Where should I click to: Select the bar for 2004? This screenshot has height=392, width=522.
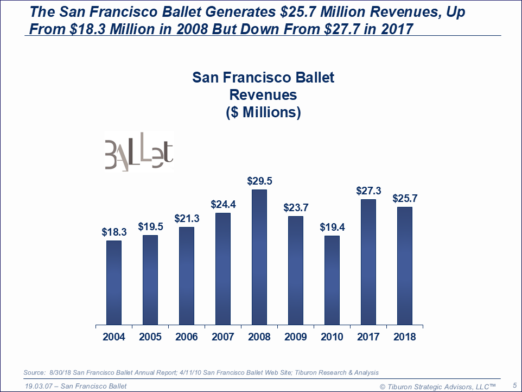click(114, 283)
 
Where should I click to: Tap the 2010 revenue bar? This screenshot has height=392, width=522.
click(332, 280)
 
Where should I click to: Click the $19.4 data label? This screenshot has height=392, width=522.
click(332, 227)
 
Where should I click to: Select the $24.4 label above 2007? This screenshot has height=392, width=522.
click(223, 205)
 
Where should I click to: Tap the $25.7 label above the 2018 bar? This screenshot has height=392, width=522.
click(405, 199)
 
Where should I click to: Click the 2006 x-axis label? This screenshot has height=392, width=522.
click(187, 337)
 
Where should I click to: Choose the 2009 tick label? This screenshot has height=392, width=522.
click(296, 337)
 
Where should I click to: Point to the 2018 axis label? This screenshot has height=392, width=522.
click(405, 337)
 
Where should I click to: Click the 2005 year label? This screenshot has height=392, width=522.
click(150, 337)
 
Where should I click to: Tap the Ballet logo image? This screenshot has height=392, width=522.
click(139, 151)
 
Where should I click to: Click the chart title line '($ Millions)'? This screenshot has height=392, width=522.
click(263, 112)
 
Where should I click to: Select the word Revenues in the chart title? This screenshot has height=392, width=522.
click(263, 95)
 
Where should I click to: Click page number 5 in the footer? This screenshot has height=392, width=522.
click(514, 385)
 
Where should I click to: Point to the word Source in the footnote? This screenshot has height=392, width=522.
click(35, 372)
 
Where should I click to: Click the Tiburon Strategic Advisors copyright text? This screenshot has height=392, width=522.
click(437, 386)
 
